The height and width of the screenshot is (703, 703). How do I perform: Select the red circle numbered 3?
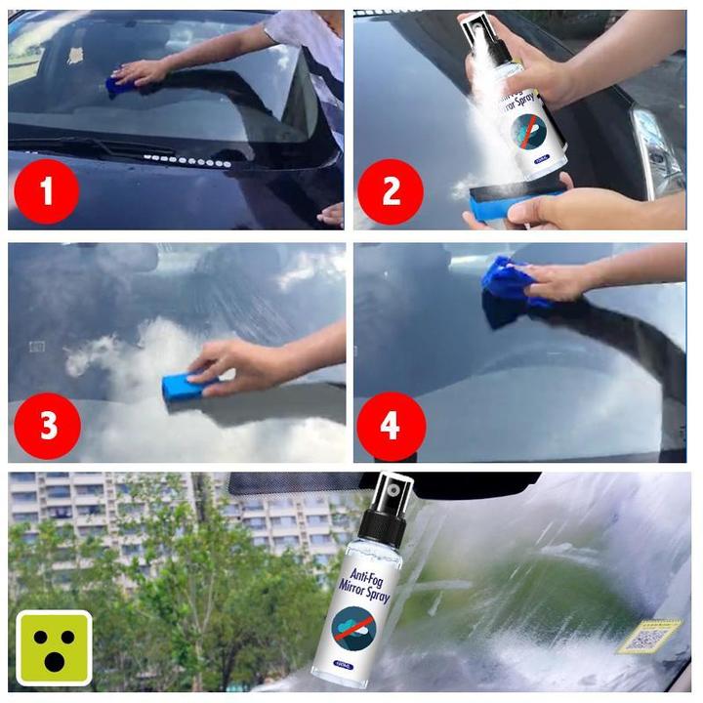tap(45, 426)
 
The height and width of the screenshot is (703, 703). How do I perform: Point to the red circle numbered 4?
tap(392, 426)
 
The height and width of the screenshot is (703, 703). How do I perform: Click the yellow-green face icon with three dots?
tap(54, 647)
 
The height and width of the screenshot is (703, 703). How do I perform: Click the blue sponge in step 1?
tap(121, 83)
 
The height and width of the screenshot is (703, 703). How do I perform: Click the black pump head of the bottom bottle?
tap(388, 508)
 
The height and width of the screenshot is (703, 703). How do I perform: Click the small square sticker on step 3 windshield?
tap(37, 346)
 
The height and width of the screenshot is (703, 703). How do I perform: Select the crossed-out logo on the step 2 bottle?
tap(528, 131)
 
